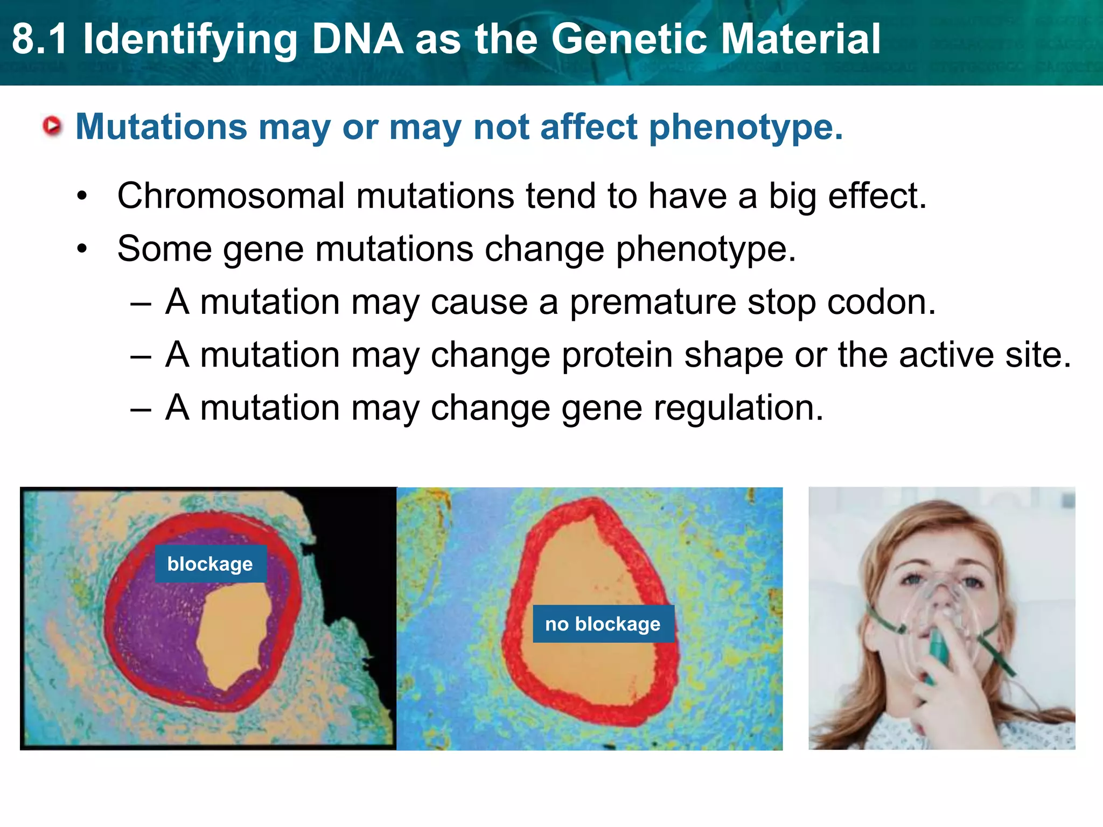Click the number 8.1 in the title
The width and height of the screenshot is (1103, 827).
(x=40, y=39)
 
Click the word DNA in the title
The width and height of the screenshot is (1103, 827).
(x=357, y=39)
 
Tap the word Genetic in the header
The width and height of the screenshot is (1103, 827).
(x=629, y=39)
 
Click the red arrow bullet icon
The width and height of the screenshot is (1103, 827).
(x=52, y=127)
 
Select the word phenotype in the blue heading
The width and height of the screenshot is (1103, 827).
(x=745, y=128)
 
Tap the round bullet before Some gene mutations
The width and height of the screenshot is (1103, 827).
(x=82, y=249)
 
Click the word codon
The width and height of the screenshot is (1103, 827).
(x=881, y=302)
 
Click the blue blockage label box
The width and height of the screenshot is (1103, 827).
(x=210, y=564)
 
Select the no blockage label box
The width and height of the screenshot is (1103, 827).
(x=603, y=623)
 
